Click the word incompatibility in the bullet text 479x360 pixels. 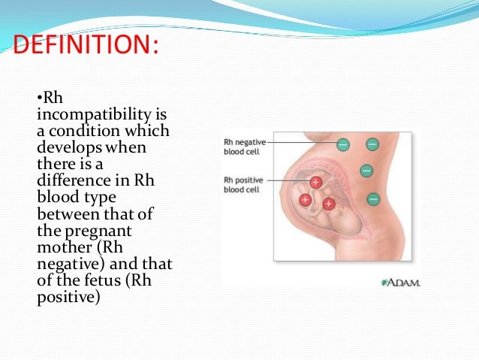[83, 115]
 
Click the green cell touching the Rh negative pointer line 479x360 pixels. [342, 143]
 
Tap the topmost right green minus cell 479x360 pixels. [372, 143]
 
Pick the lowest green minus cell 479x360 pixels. [372, 199]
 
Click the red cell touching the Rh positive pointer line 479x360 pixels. [316, 183]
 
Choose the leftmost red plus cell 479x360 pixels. [306, 200]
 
